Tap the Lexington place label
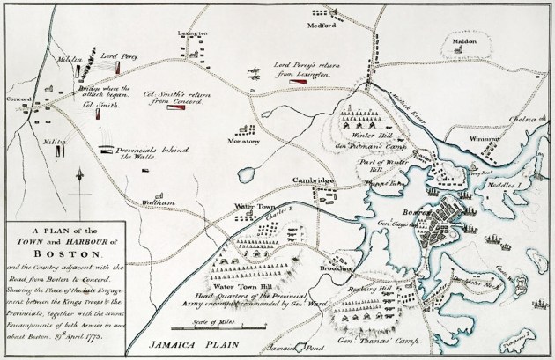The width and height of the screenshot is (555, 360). [x=196, y=33]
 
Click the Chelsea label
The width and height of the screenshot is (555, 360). [x=522, y=115]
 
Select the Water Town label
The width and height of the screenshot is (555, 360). [x=250, y=206]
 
